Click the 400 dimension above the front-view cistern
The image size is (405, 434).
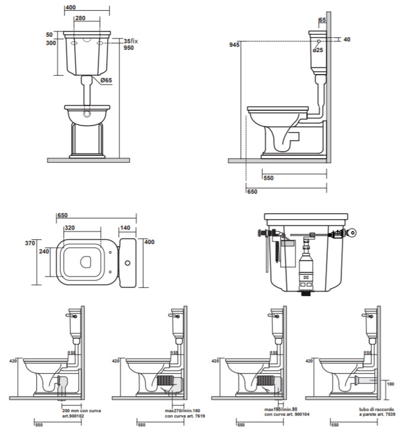click(x=70, y=7)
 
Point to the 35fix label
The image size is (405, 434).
click(x=130, y=40)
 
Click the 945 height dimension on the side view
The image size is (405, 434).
click(x=234, y=46)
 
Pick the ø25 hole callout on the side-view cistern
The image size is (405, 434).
click(x=318, y=50)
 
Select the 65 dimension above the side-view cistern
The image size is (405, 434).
click(x=322, y=20)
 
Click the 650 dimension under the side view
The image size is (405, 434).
click(x=252, y=191)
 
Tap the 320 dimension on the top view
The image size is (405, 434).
click(x=69, y=227)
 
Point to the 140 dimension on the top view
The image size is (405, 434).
click(x=125, y=227)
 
